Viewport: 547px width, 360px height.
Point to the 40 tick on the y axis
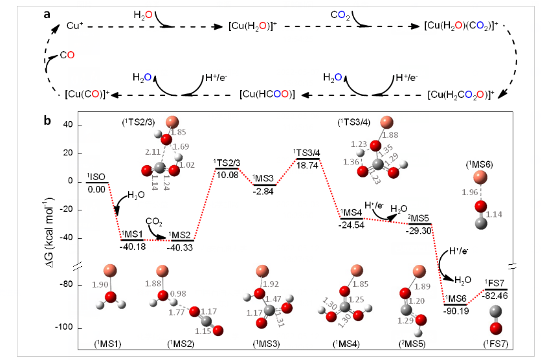tap(67, 125)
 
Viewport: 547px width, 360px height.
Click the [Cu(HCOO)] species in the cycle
tap(267, 95)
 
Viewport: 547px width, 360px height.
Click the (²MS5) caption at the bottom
tap(416, 342)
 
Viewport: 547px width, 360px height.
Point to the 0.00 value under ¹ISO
tap(96, 189)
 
